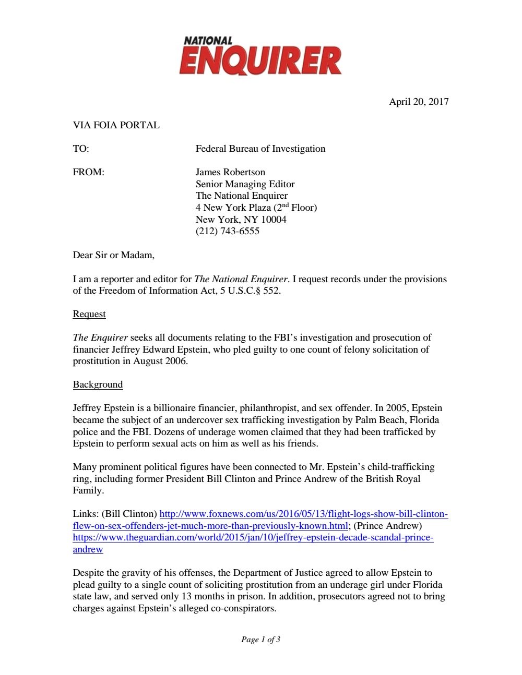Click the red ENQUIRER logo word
(260, 61)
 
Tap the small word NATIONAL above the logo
(208, 41)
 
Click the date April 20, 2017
(419, 102)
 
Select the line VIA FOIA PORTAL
(116, 125)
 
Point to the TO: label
(81, 149)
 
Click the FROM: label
(88, 172)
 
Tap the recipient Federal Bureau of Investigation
(260, 149)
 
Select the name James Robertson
(230, 172)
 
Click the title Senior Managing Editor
(245, 184)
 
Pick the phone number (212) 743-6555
(227, 231)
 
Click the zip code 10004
(274, 220)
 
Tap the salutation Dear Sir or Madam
(113, 255)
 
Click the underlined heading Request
(89, 314)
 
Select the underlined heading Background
(98, 384)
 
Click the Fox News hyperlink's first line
(303, 514)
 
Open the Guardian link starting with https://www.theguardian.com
(253, 537)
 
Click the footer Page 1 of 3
(260, 640)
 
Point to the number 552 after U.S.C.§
(271, 291)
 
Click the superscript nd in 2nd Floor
(285, 205)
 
